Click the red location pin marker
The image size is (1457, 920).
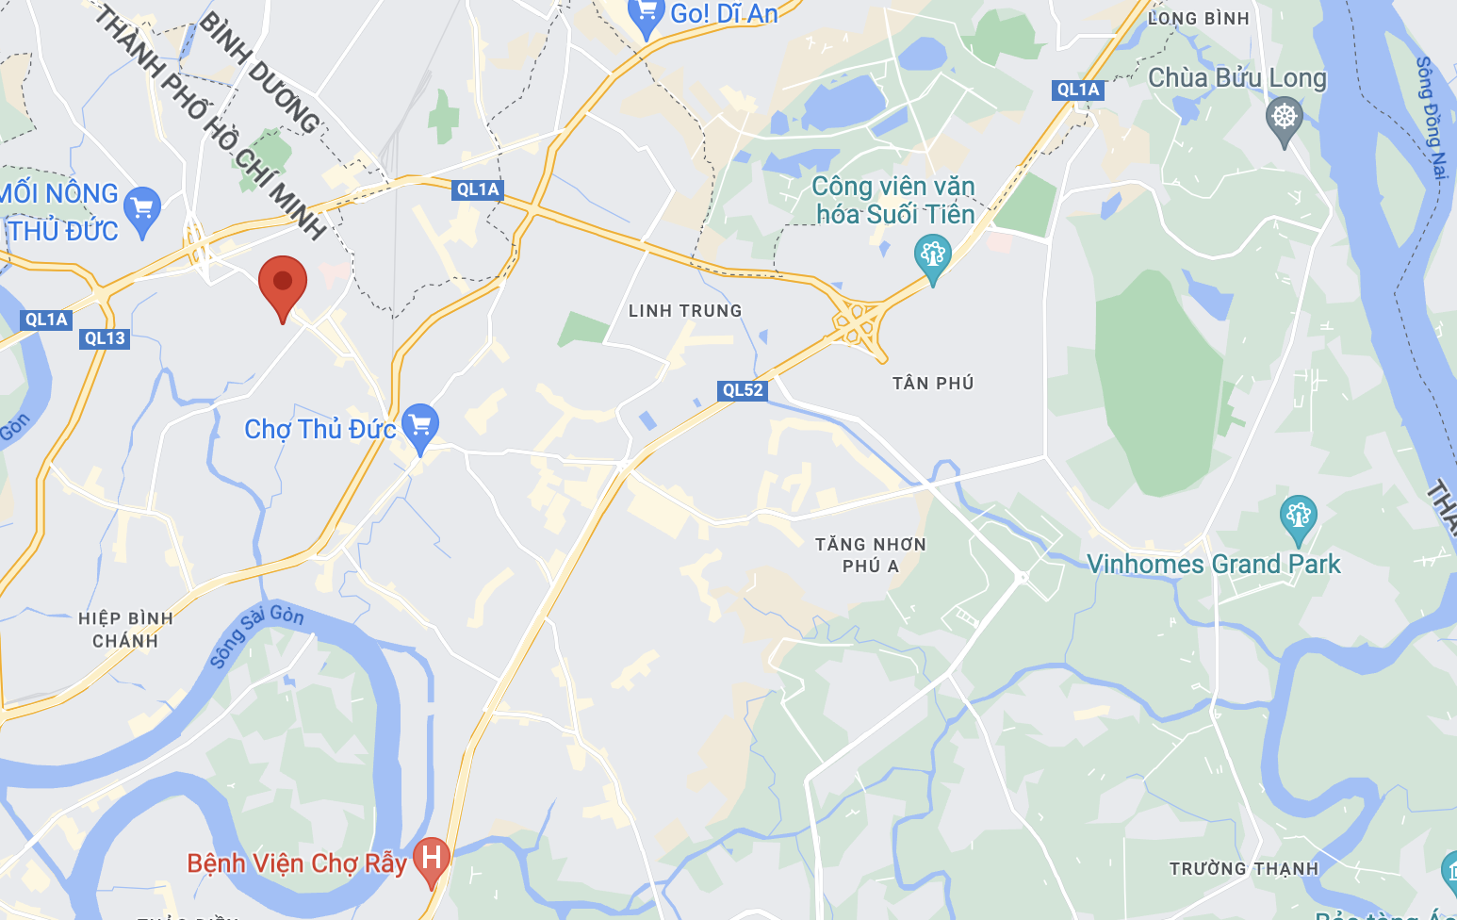(x=283, y=283)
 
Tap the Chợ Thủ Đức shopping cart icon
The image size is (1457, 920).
(x=420, y=426)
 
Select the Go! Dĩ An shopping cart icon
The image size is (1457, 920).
(x=647, y=14)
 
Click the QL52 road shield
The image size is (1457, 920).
(x=743, y=390)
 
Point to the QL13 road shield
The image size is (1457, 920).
(x=105, y=338)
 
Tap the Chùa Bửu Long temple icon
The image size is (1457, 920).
(x=1284, y=119)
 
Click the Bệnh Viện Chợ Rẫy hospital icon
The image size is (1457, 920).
(x=432, y=859)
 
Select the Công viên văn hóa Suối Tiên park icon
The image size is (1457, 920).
(x=932, y=255)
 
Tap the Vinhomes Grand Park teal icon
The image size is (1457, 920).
(x=1298, y=517)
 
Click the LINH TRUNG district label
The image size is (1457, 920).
(x=685, y=311)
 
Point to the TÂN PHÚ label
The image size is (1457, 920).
(x=933, y=384)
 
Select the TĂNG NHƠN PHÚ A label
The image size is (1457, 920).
(x=871, y=555)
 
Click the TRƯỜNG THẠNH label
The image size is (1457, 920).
(x=1244, y=869)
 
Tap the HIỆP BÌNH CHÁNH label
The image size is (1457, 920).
(x=125, y=630)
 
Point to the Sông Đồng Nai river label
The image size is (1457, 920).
(x=1431, y=117)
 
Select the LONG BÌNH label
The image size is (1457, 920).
(x=1199, y=19)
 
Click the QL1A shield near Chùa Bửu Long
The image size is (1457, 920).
(x=1078, y=90)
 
